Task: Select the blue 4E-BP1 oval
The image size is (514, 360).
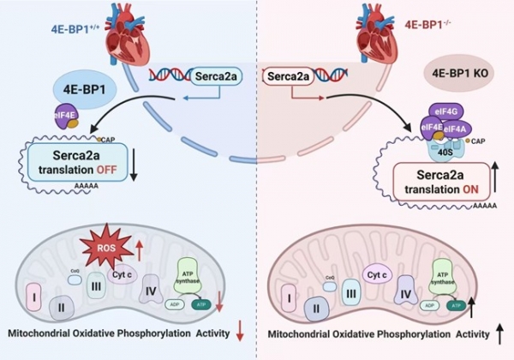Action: [83, 89]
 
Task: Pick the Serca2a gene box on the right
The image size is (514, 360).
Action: [293, 77]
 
